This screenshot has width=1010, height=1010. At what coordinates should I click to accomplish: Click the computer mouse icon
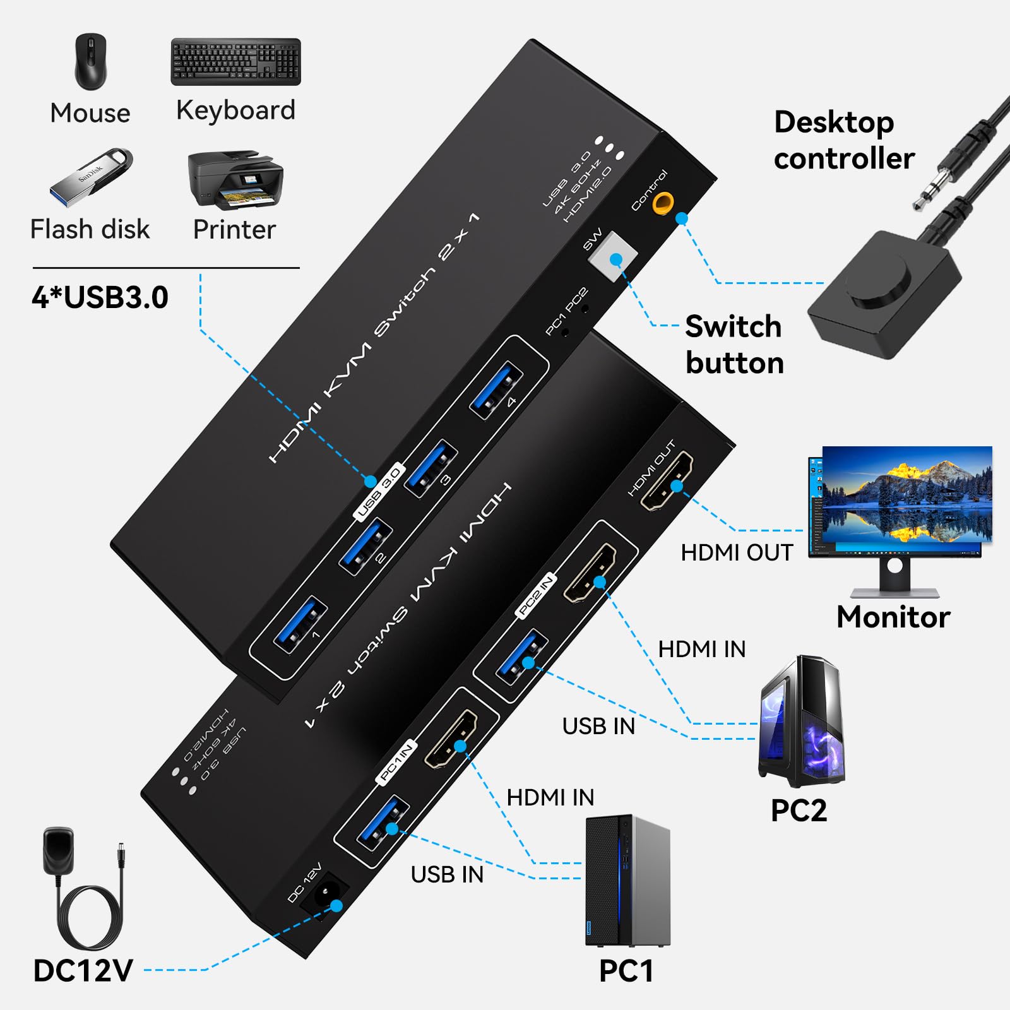point(91,62)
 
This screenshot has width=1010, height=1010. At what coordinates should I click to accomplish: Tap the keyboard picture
point(235,62)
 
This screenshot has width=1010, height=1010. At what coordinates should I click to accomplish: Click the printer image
point(235,180)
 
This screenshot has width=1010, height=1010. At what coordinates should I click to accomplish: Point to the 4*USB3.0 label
point(100,297)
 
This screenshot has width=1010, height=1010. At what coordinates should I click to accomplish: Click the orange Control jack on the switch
point(662,203)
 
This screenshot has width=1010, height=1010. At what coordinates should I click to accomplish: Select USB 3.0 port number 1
point(300,625)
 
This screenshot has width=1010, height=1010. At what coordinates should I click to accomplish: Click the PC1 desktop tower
point(627,880)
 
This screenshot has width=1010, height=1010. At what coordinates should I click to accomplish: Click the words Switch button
point(734,345)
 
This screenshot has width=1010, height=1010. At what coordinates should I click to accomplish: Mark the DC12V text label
point(83,971)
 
